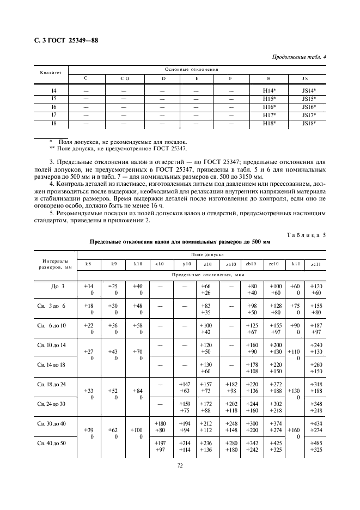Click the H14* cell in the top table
tap(269, 89)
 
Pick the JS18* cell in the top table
tap(309, 124)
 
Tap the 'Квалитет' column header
tap(51, 73)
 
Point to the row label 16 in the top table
tap(53, 107)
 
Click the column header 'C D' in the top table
tap(124, 78)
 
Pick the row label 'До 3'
tap(58, 286)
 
